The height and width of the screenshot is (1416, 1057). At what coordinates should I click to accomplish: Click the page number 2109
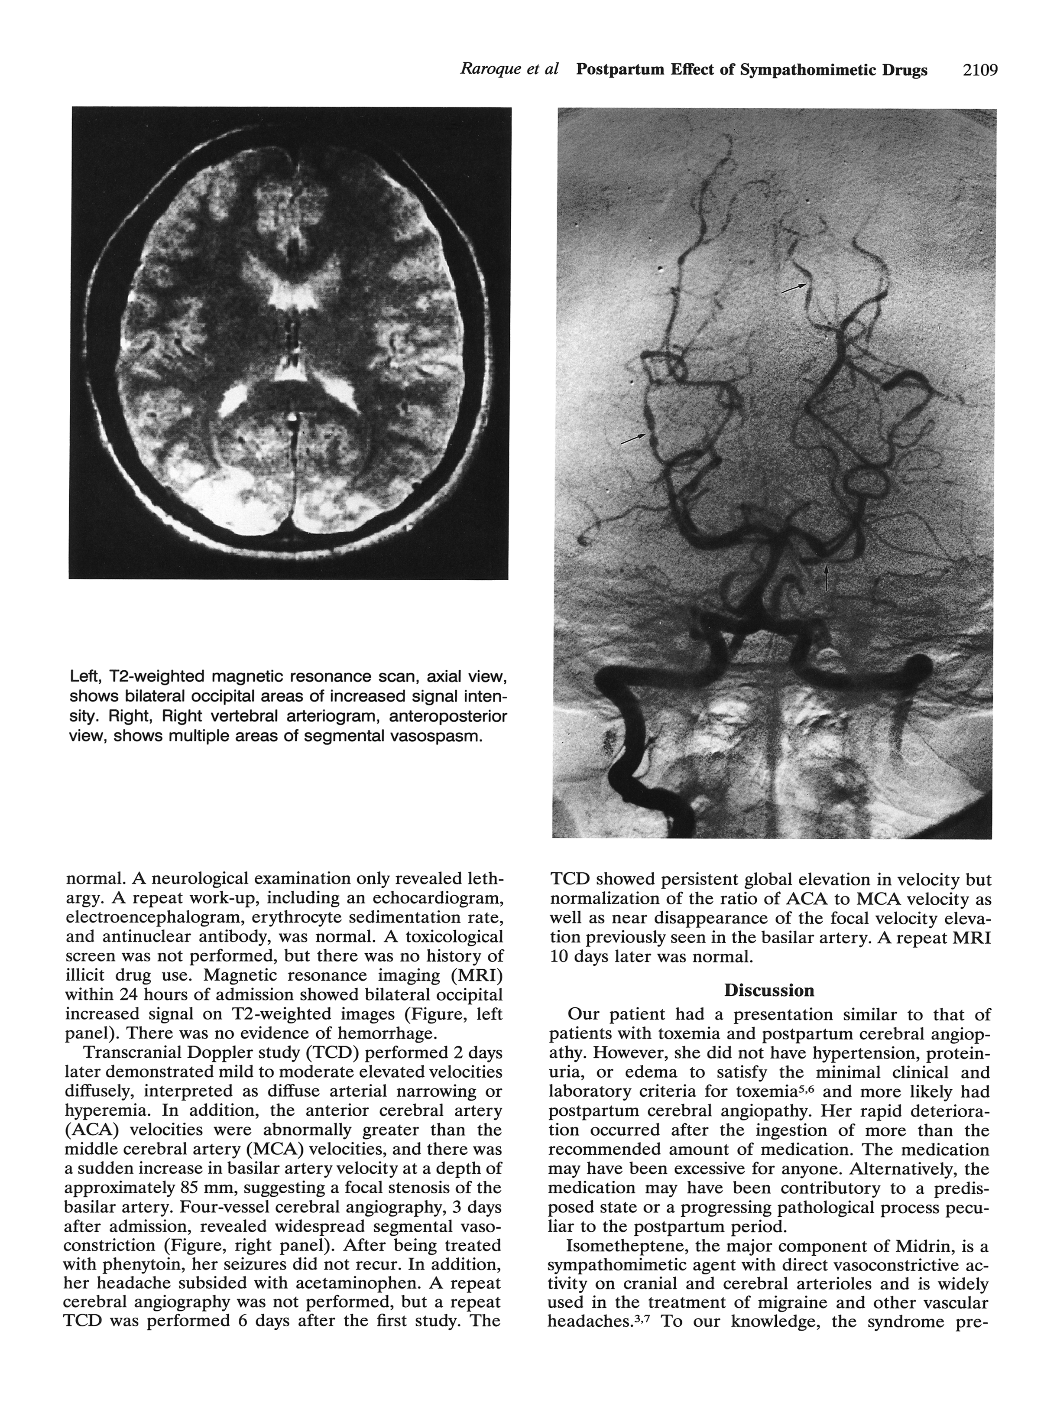[x=979, y=70]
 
